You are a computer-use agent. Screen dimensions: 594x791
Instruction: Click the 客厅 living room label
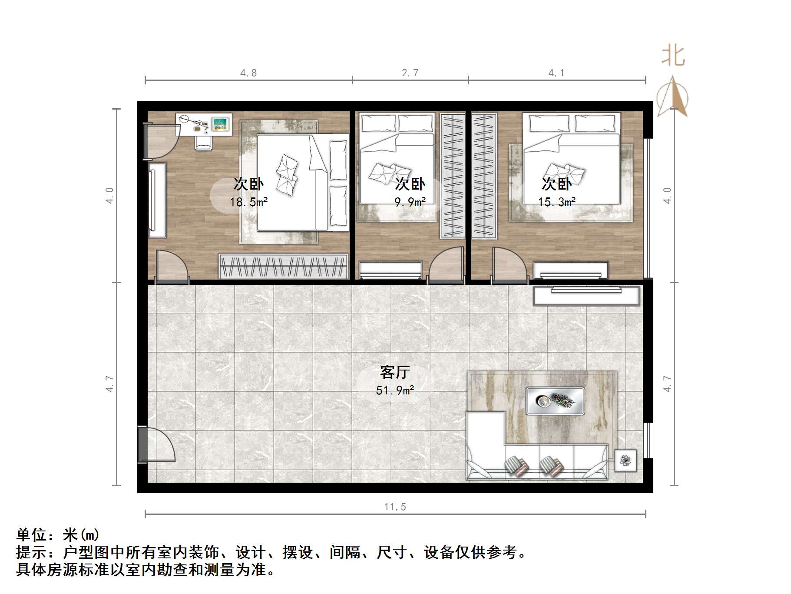click(394, 372)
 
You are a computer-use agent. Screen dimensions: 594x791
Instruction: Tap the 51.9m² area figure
click(394, 390)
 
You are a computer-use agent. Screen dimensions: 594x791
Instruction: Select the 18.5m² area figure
click(248, 202)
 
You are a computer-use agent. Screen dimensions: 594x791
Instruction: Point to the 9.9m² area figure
click(410, 202)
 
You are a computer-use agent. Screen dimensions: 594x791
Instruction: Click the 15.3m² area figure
click(556, 202)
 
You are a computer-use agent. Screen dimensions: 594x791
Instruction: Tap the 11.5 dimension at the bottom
click(395, 507)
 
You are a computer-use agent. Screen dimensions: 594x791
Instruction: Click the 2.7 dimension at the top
click(410, 73)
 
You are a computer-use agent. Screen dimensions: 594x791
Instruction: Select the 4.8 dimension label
click(248, 73)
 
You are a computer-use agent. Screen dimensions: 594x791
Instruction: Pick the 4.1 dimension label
click(556, 73)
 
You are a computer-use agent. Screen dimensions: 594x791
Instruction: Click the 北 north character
click(673, 56)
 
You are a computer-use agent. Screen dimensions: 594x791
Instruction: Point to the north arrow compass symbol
click(672, 98)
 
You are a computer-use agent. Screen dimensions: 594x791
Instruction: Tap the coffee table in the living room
click(555, 400)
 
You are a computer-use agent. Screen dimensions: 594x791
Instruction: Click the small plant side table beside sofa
click(626, 460)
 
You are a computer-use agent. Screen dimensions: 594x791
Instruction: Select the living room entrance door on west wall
click(156, 444)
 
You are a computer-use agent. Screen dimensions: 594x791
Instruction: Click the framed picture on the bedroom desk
click(221, 123)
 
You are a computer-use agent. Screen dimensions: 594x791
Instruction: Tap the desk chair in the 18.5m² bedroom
click(203, 142)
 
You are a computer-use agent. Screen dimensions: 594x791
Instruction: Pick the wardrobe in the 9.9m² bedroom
click(452, 176)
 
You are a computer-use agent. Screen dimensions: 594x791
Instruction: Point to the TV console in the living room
click(586, 295)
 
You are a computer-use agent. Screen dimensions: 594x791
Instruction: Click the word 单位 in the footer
click(31, 534)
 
